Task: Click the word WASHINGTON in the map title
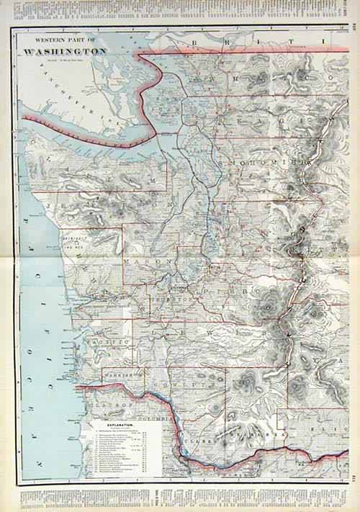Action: point(65,52)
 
